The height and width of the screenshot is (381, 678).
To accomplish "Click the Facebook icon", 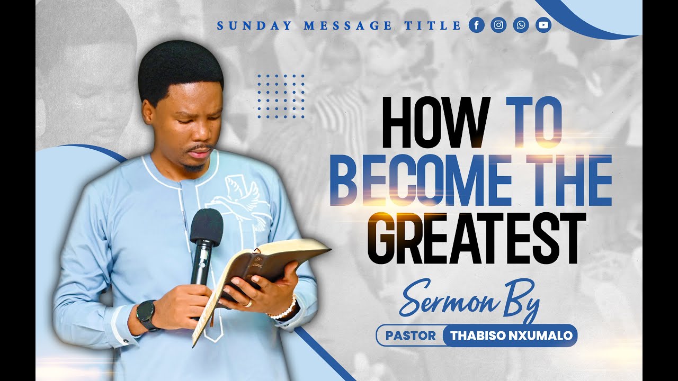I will (477, 25).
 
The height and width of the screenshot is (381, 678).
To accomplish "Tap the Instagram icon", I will (498, 25).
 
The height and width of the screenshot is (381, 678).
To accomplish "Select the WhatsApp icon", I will (521, 25).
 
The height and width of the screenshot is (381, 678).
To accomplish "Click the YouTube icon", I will (543, 25).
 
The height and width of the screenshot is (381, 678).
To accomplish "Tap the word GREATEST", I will (477, 238).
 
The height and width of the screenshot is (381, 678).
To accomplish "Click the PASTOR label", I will (411, 335).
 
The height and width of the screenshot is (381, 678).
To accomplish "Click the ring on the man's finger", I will (248, 303).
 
